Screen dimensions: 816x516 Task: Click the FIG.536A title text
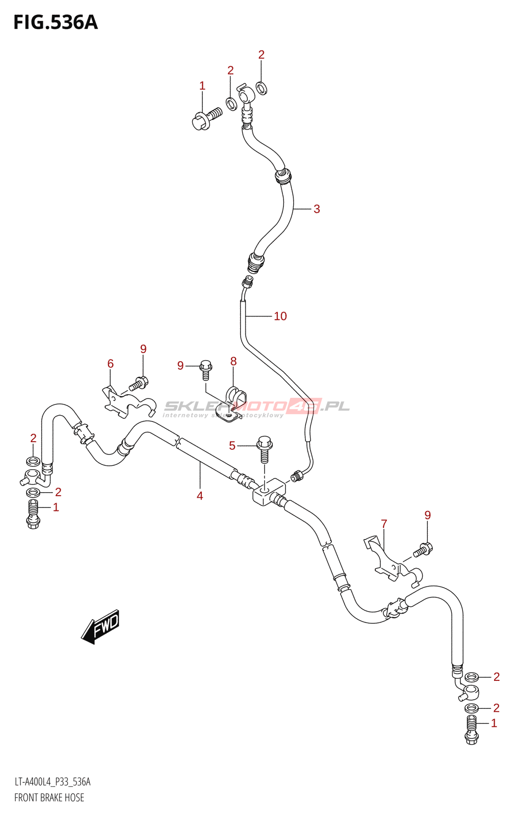pos(55,22)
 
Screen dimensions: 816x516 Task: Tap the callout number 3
pos(317,209)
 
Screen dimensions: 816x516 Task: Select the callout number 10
pos(280,316)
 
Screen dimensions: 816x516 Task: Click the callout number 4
pos(200,496)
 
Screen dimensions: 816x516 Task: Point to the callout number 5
pos(232,446)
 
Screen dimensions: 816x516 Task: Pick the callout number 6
pos(111,364)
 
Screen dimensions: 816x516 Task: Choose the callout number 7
pos(384,524)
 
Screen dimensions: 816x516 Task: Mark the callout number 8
pos(234,362)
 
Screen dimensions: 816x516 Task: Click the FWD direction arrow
pos(101,626)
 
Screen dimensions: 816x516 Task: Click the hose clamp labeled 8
pos(233,403)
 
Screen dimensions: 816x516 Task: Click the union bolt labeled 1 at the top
pos(206,118)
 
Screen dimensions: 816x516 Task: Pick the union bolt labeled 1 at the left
pos(33,514)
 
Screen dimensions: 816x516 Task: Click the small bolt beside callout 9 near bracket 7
pos(423,550)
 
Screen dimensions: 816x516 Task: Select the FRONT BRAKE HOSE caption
pos(49,798)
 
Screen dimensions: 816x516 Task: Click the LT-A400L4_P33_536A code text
pos(53,782)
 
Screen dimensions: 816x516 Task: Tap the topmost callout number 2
pos(262,55)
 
